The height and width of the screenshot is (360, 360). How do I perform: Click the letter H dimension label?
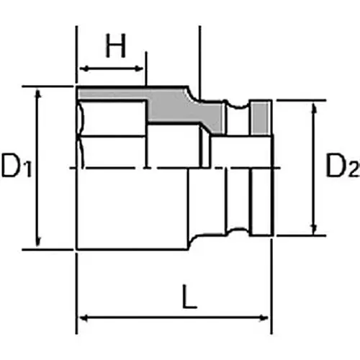click(115, 48)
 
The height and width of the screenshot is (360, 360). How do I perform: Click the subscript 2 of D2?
click(352, 171)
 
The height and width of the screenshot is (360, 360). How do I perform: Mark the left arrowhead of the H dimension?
click(81, 69)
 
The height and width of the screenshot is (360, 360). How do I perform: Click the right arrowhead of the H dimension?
click(142, 69)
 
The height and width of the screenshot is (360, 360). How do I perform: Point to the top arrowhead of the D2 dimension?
click(314, 107)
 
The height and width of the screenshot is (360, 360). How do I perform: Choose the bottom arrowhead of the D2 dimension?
click(314, 230)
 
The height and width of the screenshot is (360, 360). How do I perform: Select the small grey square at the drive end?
click(263, 117)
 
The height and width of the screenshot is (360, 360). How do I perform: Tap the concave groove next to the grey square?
click(238, 115)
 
